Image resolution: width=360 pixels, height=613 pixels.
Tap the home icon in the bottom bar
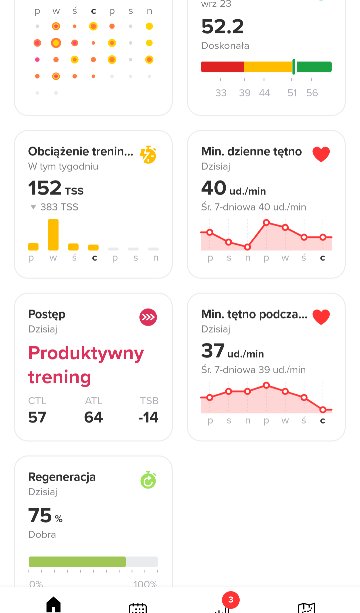(x=53, y=604)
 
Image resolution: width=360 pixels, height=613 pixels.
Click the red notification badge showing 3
(x=231, y=600)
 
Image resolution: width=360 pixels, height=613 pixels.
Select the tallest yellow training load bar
(x=53, y=234)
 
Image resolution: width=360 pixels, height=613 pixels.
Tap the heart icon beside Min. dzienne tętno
(x=321, y=154)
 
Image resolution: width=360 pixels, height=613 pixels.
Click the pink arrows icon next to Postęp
(x=148, y=317)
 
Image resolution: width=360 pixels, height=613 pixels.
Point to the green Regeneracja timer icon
(x=148, y=480)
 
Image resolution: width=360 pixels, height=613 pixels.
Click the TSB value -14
(x=149, y=417)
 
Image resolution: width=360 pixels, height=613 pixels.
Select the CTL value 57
(x=37, y=417)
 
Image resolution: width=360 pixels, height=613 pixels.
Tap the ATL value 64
(x=93, y=417)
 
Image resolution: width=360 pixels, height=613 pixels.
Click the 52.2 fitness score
(x=223, y=27)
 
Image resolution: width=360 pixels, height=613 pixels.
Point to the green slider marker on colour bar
(x=294, y=67)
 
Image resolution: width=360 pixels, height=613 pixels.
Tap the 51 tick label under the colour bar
(x=292, y=93)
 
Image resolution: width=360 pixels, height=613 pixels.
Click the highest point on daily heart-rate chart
(x=266, y=222)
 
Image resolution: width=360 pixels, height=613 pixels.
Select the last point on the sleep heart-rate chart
(x=323, y=410)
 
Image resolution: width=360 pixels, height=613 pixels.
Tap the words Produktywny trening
(x=86, y=365)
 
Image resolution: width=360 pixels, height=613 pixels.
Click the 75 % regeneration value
(x=45, y=516)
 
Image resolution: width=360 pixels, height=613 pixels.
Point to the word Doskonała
(x=225, y=46)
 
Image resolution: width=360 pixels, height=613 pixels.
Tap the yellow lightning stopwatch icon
(x=148, y=155)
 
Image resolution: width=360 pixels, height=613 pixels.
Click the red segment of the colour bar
(x=222, y=67)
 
